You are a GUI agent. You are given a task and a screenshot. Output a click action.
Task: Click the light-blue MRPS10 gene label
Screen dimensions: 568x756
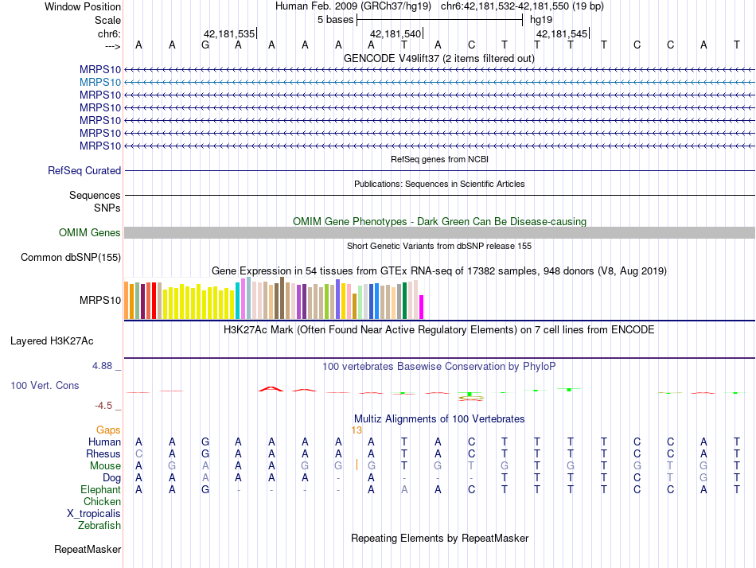[100, 82]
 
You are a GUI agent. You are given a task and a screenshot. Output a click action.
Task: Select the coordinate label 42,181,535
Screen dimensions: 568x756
[229, 34]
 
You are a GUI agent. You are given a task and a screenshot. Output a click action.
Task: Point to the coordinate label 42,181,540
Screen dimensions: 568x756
[396, 34]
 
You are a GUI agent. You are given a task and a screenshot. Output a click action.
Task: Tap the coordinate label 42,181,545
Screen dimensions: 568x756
[562, 34]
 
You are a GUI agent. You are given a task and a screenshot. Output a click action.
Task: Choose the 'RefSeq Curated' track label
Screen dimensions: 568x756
[84, 170]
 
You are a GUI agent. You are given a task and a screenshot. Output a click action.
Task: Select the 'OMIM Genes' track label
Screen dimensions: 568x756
[90, 233]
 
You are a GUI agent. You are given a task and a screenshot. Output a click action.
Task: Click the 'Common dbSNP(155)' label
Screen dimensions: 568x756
[71, 257]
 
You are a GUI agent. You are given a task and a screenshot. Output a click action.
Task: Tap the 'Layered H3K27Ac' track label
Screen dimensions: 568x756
[52, 341]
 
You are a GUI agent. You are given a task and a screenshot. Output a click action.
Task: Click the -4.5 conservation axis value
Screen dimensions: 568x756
[104, 405]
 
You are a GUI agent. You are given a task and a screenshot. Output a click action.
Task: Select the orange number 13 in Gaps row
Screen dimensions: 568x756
[357, 430]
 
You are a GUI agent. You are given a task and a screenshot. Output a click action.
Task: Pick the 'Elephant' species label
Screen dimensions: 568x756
[101, 490]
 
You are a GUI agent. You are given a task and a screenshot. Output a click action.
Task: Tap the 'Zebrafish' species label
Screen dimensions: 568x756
[99, 526]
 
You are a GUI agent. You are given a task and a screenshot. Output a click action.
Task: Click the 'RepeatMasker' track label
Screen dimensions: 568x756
[88, 550]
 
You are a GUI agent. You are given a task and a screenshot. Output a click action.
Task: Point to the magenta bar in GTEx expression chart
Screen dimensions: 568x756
[422, 307]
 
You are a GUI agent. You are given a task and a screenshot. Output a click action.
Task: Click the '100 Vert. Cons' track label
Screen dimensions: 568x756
[45, 386]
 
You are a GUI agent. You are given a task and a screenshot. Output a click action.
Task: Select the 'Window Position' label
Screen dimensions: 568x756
[83, 6]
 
